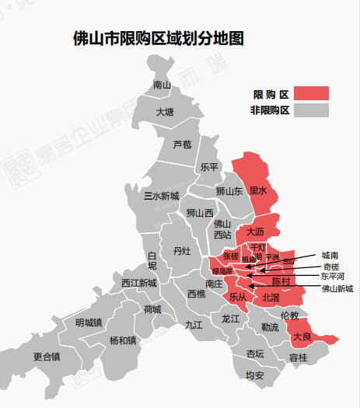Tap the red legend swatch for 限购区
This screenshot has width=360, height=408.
click(311, 94)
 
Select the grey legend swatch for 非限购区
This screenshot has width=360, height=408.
click(311, 110)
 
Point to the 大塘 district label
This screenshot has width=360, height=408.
click(165, 112)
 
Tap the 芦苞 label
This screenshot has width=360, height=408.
click(182, 144)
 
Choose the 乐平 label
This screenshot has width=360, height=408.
click(209, 166)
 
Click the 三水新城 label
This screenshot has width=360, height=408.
click(162, 196)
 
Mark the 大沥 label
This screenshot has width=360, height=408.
click(255, 232)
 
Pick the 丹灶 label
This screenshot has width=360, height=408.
click(181, 250)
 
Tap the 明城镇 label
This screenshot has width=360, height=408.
click(89, 322)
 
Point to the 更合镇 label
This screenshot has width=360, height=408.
click(47, 357)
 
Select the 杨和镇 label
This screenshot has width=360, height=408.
click(123, 340)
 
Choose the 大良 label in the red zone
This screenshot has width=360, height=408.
click(302, 337)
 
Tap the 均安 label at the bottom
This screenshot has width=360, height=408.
click(254, 376)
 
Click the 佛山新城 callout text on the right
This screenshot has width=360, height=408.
click(337, 288)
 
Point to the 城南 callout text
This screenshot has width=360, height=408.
click(330, 255)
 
